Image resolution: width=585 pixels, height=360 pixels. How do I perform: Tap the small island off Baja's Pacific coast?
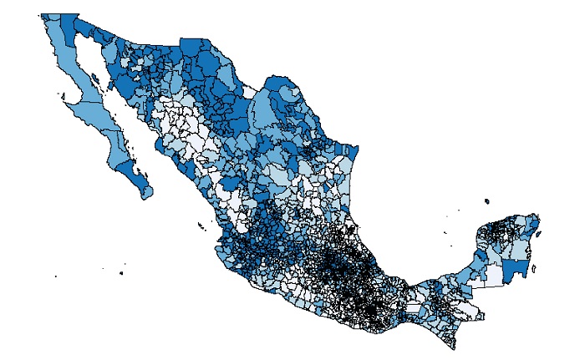pyautogui.click(x=64, y=100)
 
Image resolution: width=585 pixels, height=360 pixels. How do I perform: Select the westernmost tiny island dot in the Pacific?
pyautogui.click(x=56, y=276)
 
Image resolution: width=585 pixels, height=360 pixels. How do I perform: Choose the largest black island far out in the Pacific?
pyautogui.click(x=121, y=273)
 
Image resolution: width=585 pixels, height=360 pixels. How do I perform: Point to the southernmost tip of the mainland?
pyautogui.click(x=452, y=346)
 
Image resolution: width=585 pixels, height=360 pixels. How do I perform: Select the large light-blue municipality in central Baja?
pyautogui.click(x=92, y=112)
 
